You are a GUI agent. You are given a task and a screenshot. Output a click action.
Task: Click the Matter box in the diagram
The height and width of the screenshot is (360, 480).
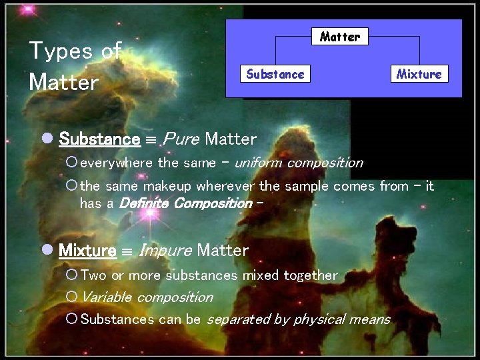coord(340,37)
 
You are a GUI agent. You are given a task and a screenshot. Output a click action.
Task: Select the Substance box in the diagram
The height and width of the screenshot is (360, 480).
coord(275,74)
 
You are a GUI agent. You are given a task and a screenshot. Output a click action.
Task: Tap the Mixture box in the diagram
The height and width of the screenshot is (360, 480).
coord(419,74)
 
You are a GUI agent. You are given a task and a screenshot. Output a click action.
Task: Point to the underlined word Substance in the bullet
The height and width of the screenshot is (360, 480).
coord(99,139)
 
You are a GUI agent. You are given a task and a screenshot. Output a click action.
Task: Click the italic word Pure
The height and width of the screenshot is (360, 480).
coord(180,139)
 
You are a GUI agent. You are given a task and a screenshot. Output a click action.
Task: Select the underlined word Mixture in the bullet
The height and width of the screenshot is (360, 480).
coord(87,251)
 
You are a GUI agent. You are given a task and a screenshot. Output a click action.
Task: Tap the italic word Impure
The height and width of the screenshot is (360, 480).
coord(165,251)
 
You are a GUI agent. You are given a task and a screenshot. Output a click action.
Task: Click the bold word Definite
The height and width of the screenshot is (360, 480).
coord(144,203)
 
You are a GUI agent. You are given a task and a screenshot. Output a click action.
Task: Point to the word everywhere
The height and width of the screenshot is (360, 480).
coord(117,163)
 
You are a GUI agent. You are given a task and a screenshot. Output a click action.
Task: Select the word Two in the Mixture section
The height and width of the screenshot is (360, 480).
coord(94,275)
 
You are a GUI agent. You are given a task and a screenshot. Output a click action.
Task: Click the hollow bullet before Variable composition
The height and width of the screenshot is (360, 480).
coord(72,297)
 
